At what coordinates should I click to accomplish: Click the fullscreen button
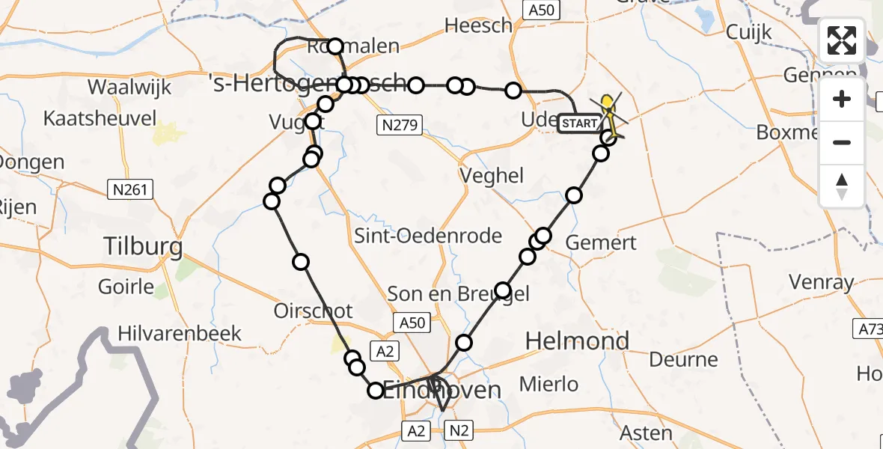842,40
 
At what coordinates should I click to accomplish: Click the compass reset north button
842,186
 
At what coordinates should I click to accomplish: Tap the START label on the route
579,123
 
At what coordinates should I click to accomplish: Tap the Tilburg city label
143,246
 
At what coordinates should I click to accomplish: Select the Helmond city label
577,341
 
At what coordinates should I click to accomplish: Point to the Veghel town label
492,176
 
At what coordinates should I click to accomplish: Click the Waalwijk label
129,87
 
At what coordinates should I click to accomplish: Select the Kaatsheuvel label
100,118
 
